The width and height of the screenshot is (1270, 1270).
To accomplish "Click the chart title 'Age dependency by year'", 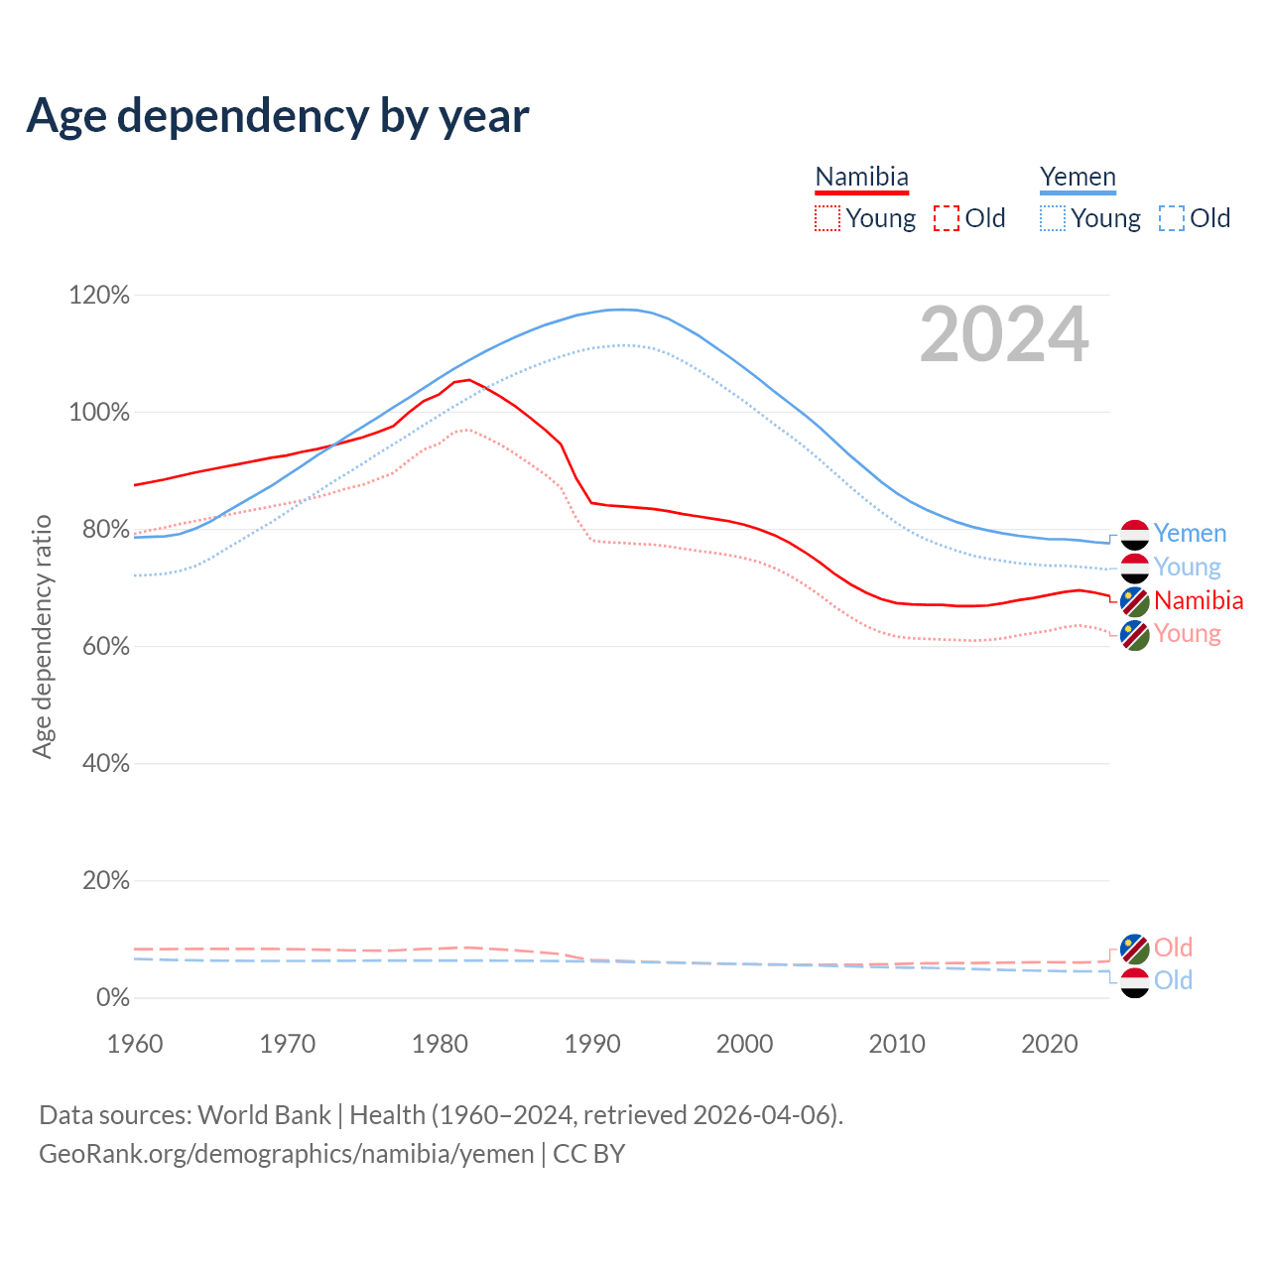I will pyautogui.click(x=278, y=116).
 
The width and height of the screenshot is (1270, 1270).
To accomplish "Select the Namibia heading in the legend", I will pyautogui.click(x=861, y=178).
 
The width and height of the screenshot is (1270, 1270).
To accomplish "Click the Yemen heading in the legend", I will pyautogui.click(x=1078, y=178).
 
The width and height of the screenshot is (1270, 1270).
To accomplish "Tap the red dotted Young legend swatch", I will pyautogui.click(x=826, y=218).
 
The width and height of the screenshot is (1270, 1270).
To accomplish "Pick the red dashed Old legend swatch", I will pyautogui.click(x=947, y=218).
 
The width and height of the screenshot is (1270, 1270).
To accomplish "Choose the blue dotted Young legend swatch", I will pyautogui.click(x=1053, y=218).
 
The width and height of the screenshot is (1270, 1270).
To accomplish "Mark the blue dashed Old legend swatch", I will pyautogui.click(x=1172, y=218).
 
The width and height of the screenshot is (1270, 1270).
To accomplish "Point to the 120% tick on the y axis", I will pyautogui.click(x=99, y=296).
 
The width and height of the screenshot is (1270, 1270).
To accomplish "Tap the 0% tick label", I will pyautogui.click(x=112, y=998).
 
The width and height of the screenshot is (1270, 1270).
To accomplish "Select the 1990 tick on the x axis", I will pyautogui.click(x=592, y=1044).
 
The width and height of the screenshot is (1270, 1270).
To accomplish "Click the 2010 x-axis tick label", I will pyautogui.click(x=897, y=1044).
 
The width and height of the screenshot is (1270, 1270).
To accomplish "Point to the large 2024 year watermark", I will pyautogui.click(x=1004, y=335).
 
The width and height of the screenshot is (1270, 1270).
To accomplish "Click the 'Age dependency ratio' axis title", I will pyautogui.click(x=42, y=636).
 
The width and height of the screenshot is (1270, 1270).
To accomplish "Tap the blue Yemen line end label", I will pyautogui.click(x=1190, y=534).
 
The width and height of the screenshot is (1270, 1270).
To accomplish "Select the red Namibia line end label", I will pyautogui.click(x=1199, y=600).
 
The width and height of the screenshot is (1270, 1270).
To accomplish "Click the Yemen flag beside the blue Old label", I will pyautogui.click(x=1134, y=982).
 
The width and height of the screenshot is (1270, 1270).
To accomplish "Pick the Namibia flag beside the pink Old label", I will pyautogui.click(x=1134, y=949).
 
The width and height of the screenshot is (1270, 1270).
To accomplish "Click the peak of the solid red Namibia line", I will pyautogui.click(x=468, y=379).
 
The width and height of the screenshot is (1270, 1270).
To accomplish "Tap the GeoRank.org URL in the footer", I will pyautogui.click(x=286, y=1154).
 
